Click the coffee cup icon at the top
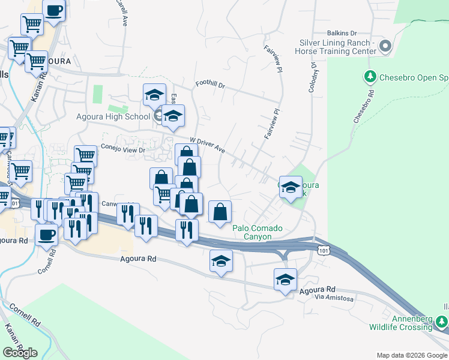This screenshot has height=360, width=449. coord(54,11)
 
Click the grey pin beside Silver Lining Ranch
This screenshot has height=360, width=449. coord(385,46)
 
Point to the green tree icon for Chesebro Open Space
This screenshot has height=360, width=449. coord(370,77)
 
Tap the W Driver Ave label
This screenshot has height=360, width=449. coord(207,145)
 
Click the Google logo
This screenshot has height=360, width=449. coord(20,352)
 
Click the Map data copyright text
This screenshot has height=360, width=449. coord(412,356)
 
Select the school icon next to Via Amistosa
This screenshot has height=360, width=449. coord(286,278)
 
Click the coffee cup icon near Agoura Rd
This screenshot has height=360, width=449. coord(47,234)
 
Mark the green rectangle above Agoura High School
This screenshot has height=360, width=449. coord(97,94)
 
